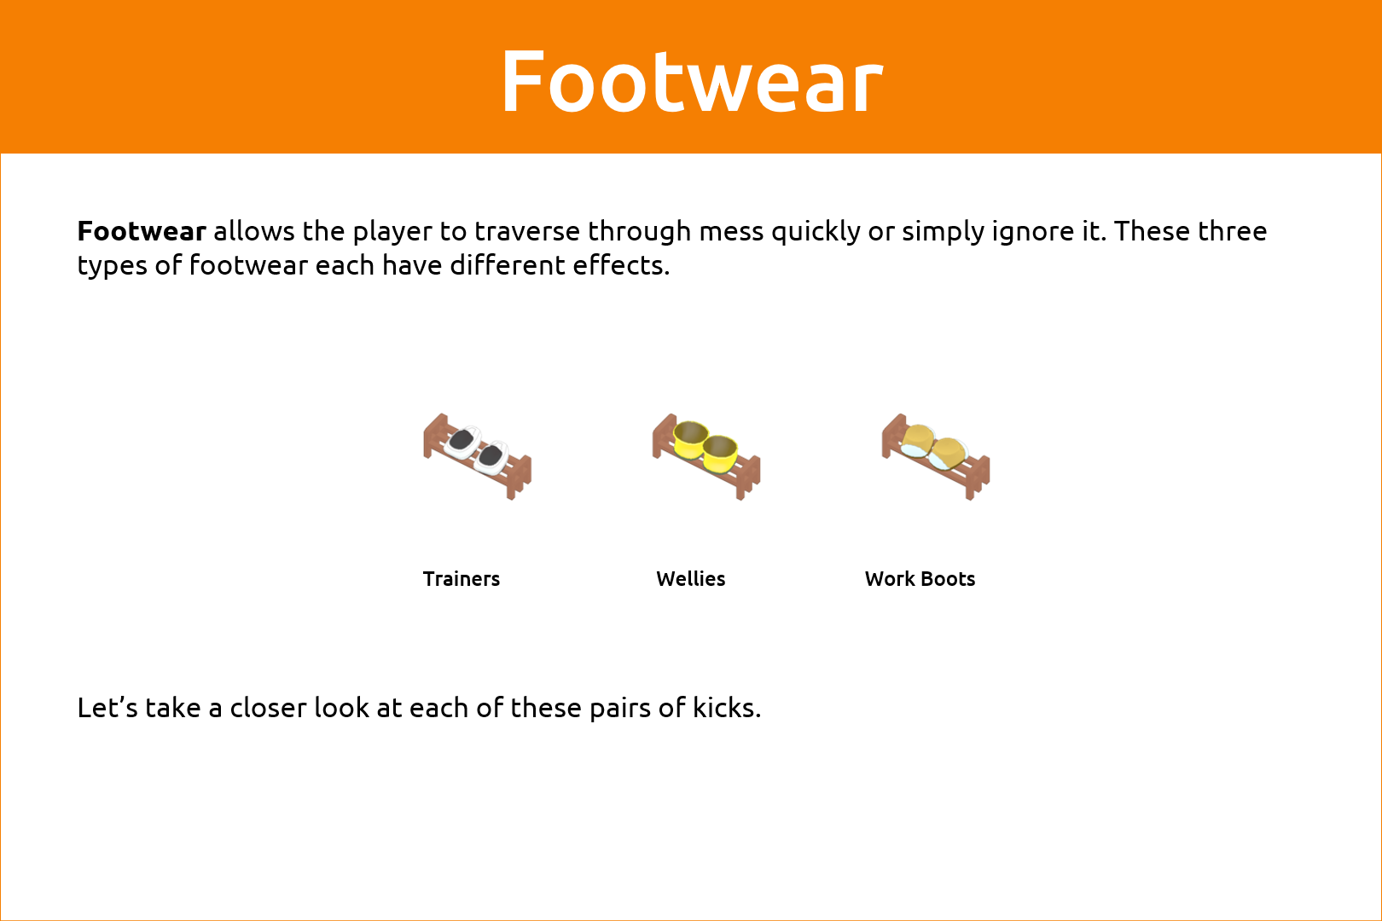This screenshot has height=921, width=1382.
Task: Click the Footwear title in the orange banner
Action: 692,81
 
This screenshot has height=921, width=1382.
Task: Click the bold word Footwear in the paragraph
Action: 142,231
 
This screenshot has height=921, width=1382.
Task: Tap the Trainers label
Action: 461,579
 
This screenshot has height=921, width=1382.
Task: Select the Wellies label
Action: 690,579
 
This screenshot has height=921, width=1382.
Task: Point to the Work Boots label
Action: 920,579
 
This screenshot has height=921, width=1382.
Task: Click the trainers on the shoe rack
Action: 477,449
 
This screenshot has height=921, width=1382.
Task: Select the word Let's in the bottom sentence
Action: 107,708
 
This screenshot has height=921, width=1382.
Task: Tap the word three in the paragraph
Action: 1232,231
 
